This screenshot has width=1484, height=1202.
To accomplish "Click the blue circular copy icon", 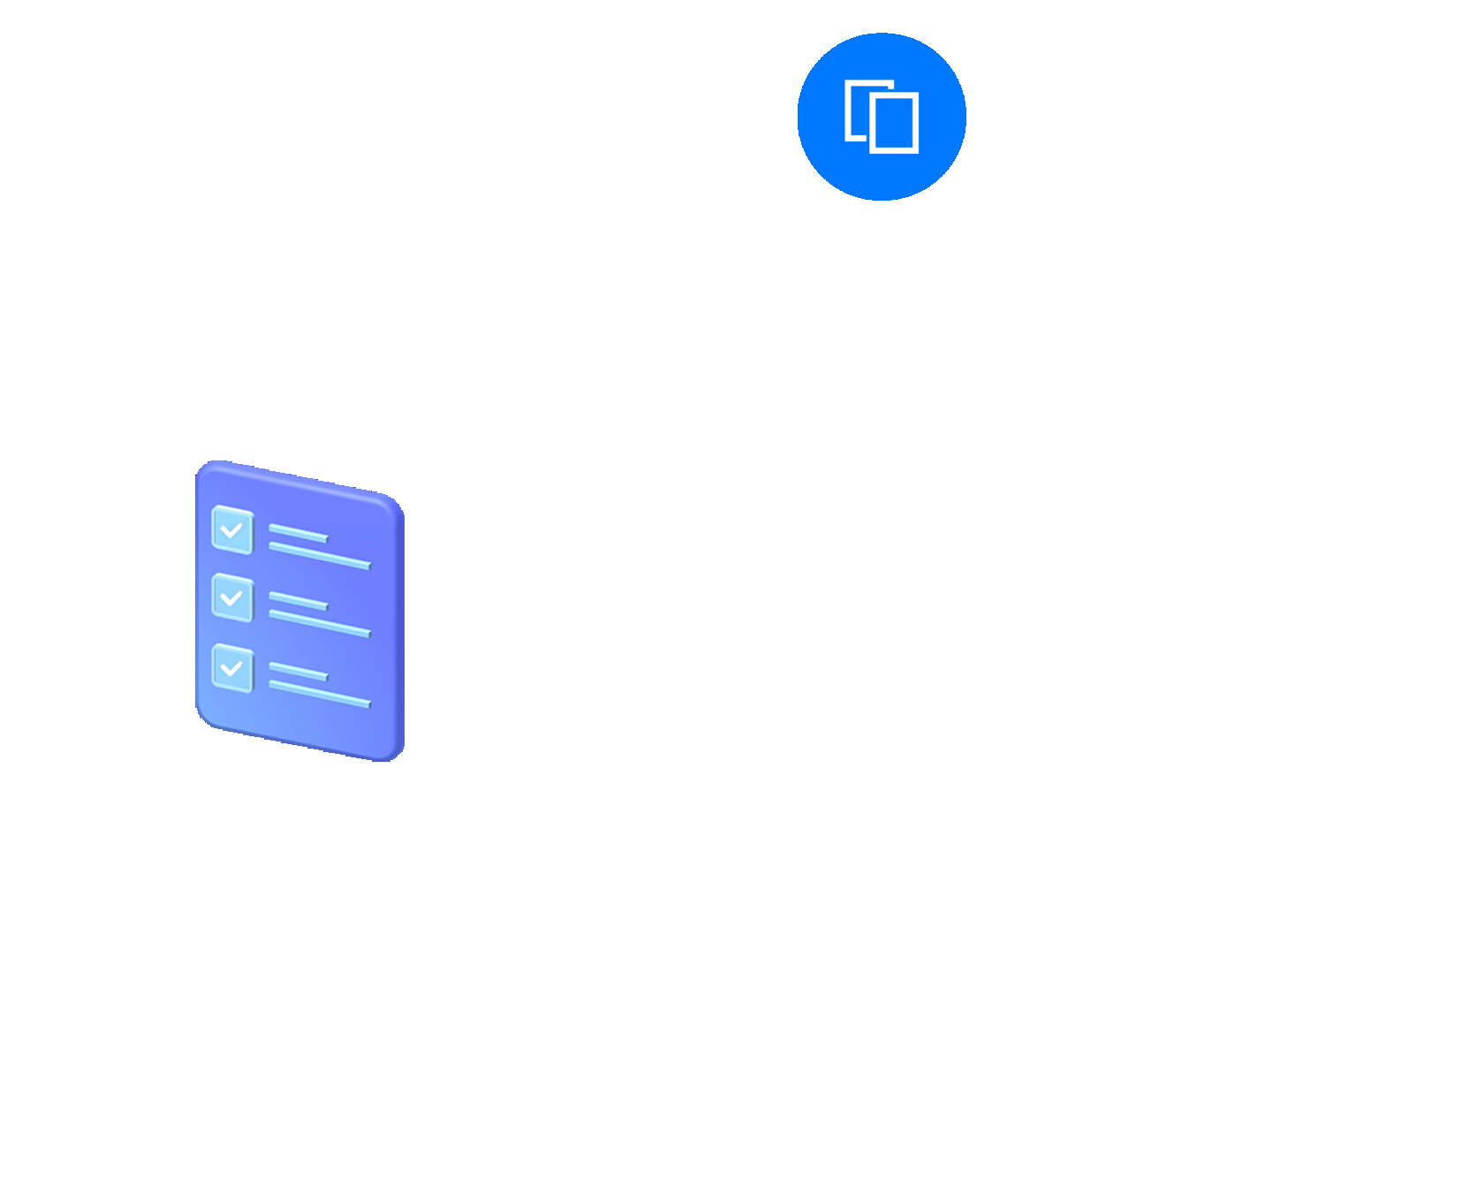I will (882, 117).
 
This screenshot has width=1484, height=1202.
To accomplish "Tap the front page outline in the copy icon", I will (894, 124).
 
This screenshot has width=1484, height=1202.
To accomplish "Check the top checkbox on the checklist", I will (232, 529).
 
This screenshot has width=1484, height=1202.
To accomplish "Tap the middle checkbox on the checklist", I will (232, 598).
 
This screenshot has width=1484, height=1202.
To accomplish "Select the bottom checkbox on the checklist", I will (232, 668).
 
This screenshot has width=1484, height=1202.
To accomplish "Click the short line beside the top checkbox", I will (299, 533).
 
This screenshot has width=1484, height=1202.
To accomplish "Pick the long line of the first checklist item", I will (320, 556).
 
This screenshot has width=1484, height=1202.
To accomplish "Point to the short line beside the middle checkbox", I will (299, 601).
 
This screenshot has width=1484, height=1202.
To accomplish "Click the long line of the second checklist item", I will (320, 623).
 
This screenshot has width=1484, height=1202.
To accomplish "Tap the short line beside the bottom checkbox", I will (299, 672).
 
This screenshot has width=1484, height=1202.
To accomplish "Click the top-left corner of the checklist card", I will (203, 468).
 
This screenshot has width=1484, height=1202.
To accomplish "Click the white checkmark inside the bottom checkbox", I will (231, 668).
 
